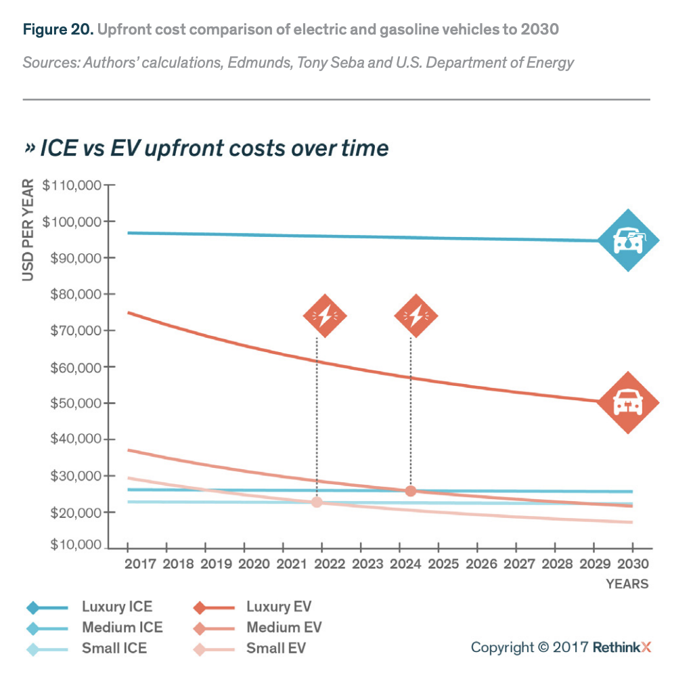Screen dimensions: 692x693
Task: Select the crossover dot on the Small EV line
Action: [317, 502]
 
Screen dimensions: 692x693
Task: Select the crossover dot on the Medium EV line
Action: [411, 490]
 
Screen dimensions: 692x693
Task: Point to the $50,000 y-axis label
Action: [73, 403]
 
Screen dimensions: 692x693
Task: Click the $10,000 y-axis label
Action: [73, 546]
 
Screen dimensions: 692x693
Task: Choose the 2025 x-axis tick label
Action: [439, 564]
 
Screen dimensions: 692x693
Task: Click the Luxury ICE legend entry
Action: [116, 607]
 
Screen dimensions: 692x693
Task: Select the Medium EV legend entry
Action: [284, 628]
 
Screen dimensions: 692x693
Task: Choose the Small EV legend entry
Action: [275, 649]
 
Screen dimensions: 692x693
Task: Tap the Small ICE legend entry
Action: [114, 649]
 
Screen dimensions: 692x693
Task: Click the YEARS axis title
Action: [627, 584]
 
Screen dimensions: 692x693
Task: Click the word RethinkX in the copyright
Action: [622, 647]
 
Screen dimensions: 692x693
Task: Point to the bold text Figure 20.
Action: [57, 30]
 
